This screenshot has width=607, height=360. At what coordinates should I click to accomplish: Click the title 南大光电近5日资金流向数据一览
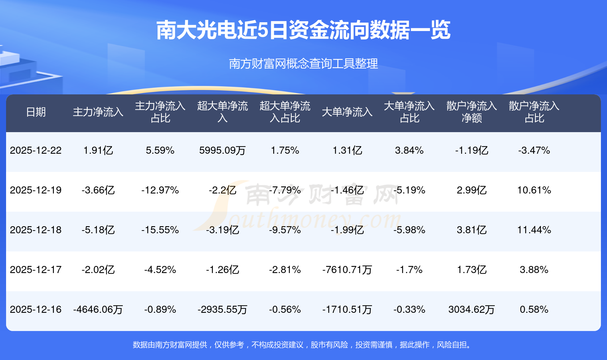coord(303,30)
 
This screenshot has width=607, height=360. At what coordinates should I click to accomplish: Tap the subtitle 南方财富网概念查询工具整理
coord(303,64)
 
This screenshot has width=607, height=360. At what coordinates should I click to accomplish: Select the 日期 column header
coord(36,112)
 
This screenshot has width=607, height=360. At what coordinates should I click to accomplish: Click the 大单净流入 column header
coord(347,112)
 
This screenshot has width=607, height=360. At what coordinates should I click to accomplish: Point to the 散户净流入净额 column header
coord(471,112)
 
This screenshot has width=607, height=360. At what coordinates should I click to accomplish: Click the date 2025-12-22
coord(36,150)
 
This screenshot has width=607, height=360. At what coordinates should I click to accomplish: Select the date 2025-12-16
coord(36,309)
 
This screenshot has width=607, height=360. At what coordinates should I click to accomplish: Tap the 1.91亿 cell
coord(98,150)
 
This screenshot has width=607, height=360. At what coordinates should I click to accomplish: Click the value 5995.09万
coord(222,150)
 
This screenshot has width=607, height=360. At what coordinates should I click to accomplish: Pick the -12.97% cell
coord(160,190)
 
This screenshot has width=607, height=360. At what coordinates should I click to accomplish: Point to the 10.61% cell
coord(534,190)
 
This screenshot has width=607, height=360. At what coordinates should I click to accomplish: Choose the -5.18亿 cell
coord(98,230)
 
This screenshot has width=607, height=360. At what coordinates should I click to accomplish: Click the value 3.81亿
coord(471,230)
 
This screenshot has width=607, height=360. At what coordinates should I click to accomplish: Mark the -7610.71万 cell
coord(347,270)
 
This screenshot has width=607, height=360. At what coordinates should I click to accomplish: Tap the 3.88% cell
coord(534,270)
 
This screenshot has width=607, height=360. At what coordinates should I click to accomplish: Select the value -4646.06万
coord(98,309)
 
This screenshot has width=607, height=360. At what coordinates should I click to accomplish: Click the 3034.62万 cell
coord(471,309)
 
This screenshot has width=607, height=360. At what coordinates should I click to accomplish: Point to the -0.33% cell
coord(409,309)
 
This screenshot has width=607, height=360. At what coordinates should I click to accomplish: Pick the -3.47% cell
coord(534,150)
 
